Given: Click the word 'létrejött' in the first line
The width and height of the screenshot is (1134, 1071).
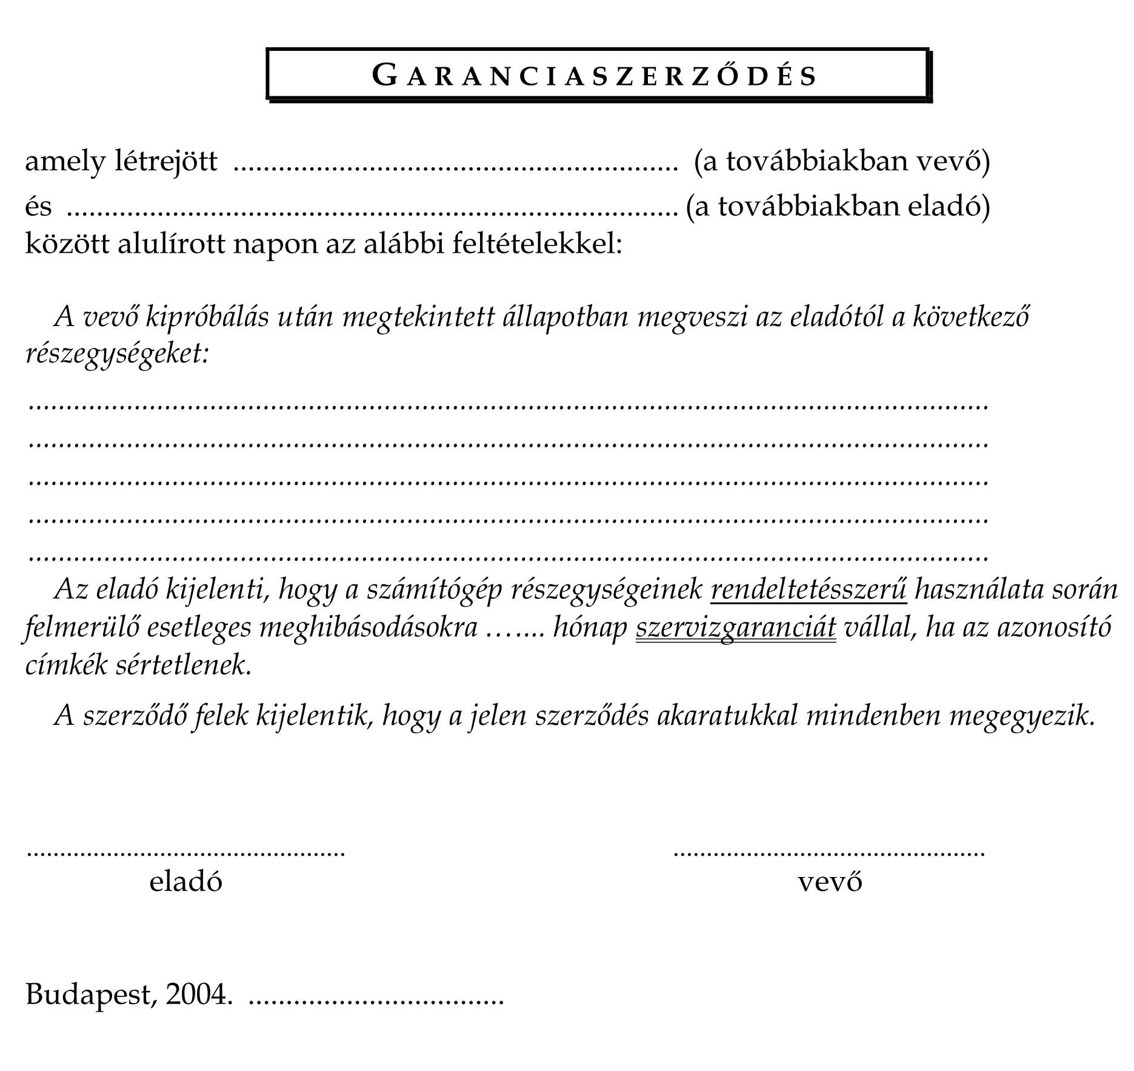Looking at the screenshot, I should click(x=165, y=161).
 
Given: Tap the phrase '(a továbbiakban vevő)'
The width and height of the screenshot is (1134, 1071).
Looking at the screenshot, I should click(x=842, y=161).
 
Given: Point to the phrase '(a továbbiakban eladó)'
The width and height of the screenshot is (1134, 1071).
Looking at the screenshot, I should click(x=838, y=206).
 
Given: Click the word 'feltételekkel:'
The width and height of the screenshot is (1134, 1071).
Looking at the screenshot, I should click(x=537, y=244).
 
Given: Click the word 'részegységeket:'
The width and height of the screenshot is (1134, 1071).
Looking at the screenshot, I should click(x=117, y=353).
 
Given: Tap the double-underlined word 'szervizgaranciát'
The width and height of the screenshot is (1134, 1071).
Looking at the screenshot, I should click(x=735, y=627).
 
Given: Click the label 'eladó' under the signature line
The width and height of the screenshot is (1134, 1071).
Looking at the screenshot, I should click(x=185, y=881).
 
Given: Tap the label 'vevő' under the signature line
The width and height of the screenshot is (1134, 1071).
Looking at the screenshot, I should click(x=830, y=881).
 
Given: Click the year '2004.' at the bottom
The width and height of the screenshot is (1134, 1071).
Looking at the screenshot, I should click(x=198, y=994).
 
